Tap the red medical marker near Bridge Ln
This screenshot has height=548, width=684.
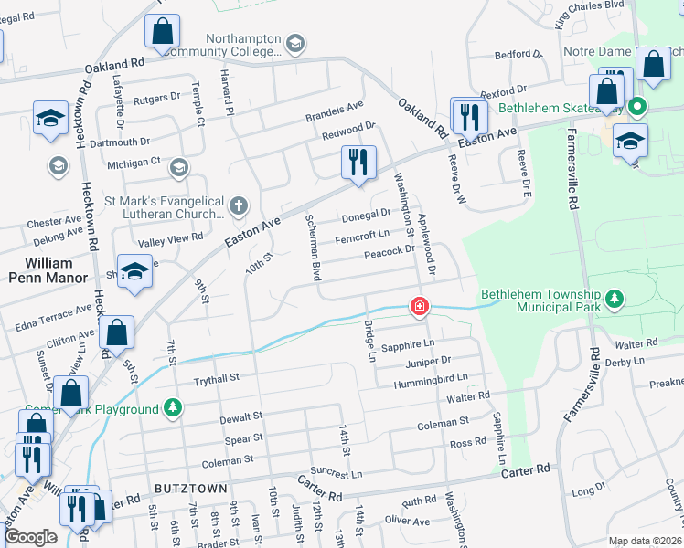click(420, 306)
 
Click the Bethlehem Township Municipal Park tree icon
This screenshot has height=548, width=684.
click(616, 298)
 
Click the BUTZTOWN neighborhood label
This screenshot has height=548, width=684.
click(191, 490)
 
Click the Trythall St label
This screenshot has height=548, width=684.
click(215, 377)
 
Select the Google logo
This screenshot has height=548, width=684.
click(30, 537)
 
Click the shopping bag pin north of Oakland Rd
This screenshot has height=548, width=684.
click(161, 32)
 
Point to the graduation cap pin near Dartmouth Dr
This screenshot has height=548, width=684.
click(50, 118)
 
